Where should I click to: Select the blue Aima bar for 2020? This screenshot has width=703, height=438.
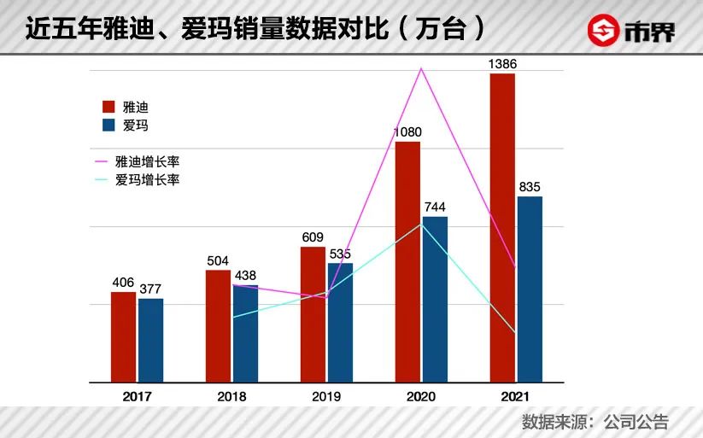(x=435, y=299)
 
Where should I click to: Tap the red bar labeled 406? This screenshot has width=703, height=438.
(x=123, y=336)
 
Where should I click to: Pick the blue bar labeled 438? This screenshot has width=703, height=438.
(x=245, y=333)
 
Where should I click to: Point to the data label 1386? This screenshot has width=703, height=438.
(x=502, y=64)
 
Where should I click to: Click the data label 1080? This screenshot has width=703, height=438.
(x=407, y=131)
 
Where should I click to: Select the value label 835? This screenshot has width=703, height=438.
(x=530, y=187)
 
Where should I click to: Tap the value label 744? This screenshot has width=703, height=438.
(x=435, y=207)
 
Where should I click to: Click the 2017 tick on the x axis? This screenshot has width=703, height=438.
(x=137, y=397)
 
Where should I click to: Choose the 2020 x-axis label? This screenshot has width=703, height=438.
(x=421, y=397)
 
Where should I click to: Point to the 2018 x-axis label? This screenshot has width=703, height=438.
(x=231, y=397)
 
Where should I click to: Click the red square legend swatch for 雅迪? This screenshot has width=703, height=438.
(x=108, y=107)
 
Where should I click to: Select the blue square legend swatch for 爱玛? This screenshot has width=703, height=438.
(x=108, y=126)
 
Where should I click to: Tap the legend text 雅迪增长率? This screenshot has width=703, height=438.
(x=147, y=161)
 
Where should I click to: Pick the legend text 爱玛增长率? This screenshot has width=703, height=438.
(x=147, y=180)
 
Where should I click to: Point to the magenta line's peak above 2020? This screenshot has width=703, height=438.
(x=420, y=68)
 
